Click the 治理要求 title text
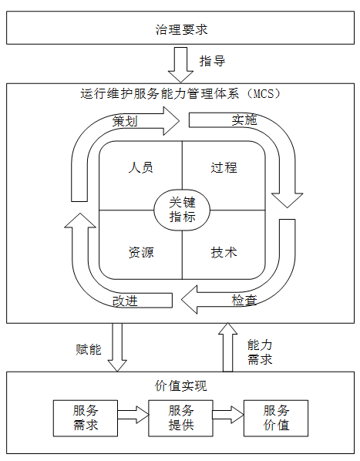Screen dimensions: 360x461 [181, 29]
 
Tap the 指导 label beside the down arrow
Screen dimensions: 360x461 [212, 61]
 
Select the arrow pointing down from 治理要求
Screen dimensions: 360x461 [180, 65]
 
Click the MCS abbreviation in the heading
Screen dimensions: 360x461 [263, 93]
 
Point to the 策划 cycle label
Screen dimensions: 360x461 [125, 121]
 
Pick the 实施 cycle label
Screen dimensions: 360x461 [244, 120]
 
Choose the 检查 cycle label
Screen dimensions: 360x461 [244, 300]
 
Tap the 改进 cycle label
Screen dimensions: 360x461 [125, 301]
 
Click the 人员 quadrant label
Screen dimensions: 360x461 [141, 167]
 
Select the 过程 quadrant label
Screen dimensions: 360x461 [224, 167]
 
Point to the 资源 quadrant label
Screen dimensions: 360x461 [141, 252]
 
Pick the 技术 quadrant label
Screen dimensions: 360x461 [224, 252]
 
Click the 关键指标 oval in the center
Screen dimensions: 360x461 [182, 210]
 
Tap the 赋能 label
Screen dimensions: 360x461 [88, 349]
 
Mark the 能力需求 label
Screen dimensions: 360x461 [260, 352]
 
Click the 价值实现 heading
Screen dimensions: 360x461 [180, 385]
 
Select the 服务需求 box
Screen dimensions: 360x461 [86, 418]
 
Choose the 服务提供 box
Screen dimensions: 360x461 [180, 418]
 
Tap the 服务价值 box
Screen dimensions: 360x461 [276, 418]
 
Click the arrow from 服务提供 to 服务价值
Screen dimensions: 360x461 [228, 415]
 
